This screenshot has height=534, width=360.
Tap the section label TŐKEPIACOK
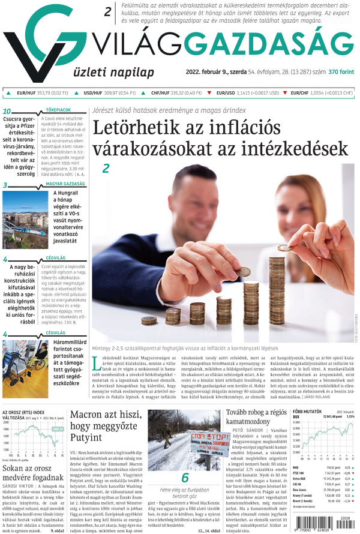pyautogui.click(x=59, y=110)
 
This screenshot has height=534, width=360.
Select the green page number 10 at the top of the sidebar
pyautogui.click(x=8, y=112)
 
